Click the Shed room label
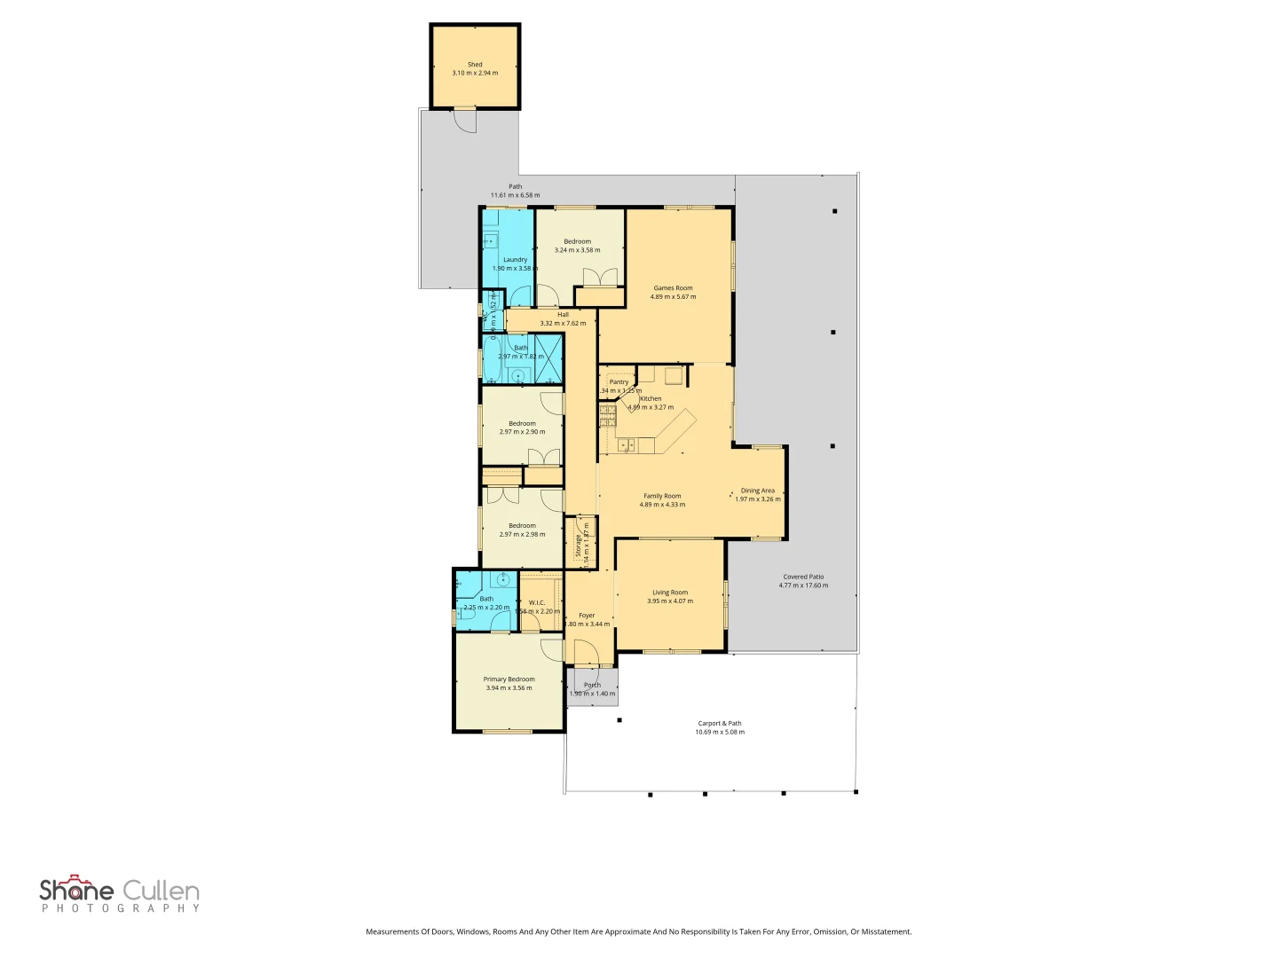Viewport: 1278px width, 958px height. click(x=475, y=65)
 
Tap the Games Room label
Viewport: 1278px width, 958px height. click(x=673, y=288)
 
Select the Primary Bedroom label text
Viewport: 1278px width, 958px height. click(x=509, y=679)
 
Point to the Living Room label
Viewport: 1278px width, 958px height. click(x=670, y=593)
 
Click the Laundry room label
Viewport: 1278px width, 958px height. click(x=515, y=260)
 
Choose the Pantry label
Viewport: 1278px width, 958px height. click(x=619, y=382)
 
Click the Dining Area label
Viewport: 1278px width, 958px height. click(x=757, y=491)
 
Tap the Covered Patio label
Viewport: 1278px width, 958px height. click(x=803, y=577)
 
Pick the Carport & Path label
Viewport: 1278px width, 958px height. click(x=719, y=724)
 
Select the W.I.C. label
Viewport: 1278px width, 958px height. click(x=537, y=603)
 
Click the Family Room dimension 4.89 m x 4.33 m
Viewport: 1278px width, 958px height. click(x=662, y=505)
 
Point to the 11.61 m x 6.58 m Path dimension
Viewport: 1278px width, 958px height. click(x=515, y=195)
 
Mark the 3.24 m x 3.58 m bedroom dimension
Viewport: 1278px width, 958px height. click(x=577, y=250)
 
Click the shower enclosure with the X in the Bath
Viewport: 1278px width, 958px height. click(x=548, y=358)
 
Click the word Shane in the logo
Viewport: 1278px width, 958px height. click(x=76, y=890)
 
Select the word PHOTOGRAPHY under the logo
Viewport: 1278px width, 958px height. click(x=121, y=908)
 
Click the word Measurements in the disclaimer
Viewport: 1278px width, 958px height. click(x=392, y=931)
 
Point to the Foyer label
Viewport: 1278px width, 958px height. click(x=587, y=616)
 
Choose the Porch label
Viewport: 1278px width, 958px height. click(x=592, y=685)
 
